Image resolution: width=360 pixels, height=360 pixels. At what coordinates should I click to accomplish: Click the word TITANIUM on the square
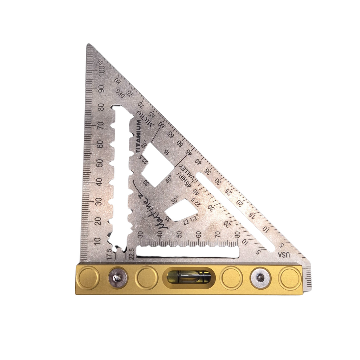pos(138,137)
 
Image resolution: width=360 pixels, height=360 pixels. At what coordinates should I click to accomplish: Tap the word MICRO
pos(144,118)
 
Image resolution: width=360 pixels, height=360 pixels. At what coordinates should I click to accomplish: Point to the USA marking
pos(284,254)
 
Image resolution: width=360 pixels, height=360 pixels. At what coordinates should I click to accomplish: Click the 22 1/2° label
pos(191,220)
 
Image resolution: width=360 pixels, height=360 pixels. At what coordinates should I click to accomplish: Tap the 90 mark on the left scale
pos(102,88)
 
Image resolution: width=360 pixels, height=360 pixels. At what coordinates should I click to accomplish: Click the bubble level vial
pos(189,277)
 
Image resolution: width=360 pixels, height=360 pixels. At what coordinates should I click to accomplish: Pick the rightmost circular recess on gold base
pos(289,278)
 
